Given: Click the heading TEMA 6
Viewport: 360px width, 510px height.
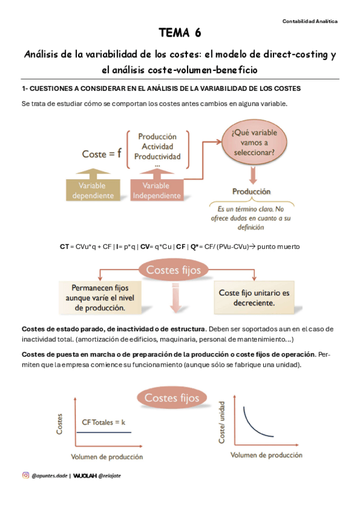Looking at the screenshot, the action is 180,32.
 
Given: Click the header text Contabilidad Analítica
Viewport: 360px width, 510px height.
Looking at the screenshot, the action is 310,21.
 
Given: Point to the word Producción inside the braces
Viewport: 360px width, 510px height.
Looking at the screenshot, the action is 157,137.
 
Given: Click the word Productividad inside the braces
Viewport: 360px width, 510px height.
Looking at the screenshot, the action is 157,156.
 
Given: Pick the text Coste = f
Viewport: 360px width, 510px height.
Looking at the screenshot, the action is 102,154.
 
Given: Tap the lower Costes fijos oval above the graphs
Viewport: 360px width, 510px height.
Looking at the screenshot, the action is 171,398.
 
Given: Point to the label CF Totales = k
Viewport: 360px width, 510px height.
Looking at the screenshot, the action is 103,422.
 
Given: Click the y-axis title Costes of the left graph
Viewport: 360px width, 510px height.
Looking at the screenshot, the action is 58,424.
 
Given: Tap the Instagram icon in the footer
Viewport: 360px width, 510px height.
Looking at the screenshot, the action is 26,475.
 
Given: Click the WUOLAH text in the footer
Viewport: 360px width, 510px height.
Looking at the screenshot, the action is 87,475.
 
